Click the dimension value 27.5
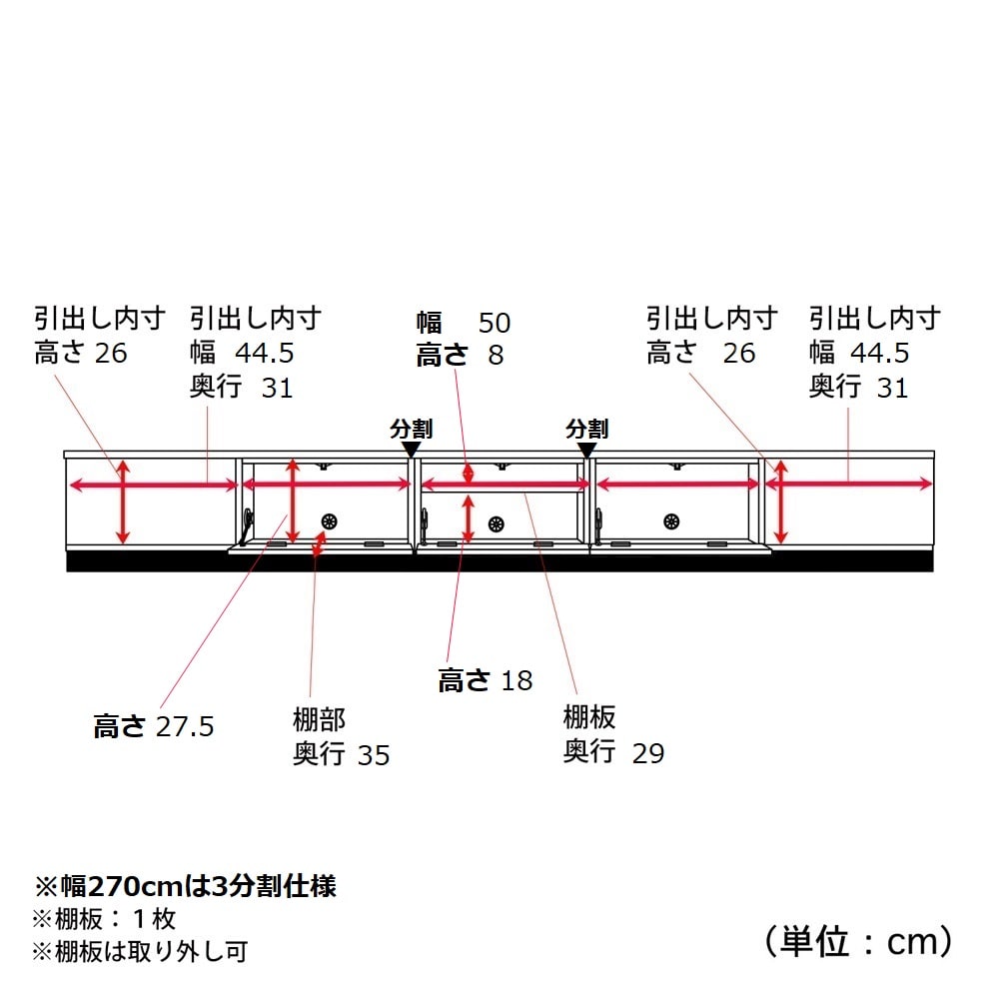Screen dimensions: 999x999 pos(185,727)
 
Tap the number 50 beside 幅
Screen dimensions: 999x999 pos(495,323)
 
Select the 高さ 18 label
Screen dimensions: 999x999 pos(485,680)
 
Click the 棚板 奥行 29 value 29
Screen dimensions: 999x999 pos(648,753)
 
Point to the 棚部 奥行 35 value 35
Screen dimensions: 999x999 pos(374,755)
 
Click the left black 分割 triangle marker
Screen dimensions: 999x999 pos(412,450)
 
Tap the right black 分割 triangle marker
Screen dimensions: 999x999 pos(586,450)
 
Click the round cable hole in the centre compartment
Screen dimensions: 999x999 pos(497,524)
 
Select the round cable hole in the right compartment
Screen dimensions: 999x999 pos(671,521)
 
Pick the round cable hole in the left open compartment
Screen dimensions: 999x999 pos(329,521)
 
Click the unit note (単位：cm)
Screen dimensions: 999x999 pos(857,941)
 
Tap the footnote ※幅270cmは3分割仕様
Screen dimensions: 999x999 pos(185,885)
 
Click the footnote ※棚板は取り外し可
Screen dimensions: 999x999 pos(140,951)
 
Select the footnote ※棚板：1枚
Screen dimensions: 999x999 pos(104,919)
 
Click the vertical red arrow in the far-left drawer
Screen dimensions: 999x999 pos(123,502)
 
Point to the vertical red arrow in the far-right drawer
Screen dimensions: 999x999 pos(781,502)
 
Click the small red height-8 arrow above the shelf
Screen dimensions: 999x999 pos(469,474)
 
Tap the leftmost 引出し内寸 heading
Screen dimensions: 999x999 pos(99,318)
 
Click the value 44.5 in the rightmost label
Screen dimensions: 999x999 pos(880,353)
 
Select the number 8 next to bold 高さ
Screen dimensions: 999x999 pos(496,355)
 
